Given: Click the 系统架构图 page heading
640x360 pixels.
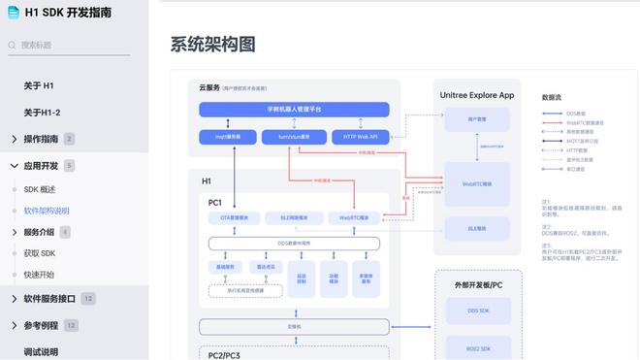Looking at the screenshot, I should coord(212,45).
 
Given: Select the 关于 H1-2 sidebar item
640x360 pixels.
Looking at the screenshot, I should coord(42,113).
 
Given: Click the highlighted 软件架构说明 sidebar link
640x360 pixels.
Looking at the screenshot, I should coord(47,211).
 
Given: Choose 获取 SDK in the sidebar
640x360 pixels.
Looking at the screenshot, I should coord(40,253).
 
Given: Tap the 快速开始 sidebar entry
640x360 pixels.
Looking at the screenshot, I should coord(40,275).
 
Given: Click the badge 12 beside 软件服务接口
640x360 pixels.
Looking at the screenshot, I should coord(88,299).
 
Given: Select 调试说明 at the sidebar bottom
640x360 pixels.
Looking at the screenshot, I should coord(41,351).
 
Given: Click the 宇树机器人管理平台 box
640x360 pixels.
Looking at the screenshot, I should coord(294,110).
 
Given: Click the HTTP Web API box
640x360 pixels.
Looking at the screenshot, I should coord(360,137).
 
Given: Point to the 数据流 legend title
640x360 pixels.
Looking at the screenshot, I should coord(552,97).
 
